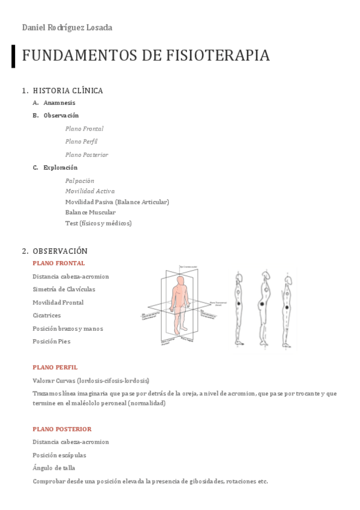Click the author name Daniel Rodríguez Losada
[x=67, y=28]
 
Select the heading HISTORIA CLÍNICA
[x=68, y=91]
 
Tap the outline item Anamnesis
[x=59, y=103]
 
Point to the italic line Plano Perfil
[x=81, y=142]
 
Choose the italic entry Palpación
[x=79, y=180]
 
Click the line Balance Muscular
[x=90, y=212]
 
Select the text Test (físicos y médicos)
[x=98, y=223]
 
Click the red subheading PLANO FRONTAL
[x=58, y=263]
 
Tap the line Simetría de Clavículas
[x=64, y=289]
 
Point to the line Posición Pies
[x=51, y=341]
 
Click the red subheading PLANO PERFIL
[x=55, y=367]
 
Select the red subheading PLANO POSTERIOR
[x=62, y=429]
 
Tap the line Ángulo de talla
[x=53, y=468]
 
